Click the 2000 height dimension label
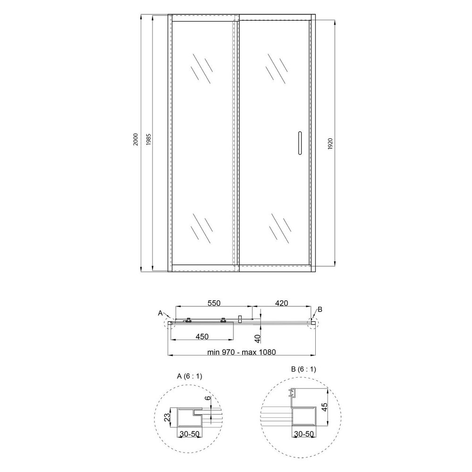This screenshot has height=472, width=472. click(135, 140)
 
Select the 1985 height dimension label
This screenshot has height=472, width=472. click(148, 140)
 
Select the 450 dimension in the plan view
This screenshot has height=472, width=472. click(202, 337)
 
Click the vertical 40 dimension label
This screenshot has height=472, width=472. click(257, 338)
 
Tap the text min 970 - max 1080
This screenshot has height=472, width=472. click(241, 352)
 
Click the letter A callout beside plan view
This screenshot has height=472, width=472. click(160, 313)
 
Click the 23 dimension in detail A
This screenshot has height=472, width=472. click(166, 417)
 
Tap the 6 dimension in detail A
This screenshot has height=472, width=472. click(207, 398)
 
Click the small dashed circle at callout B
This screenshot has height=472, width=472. click(313, 323)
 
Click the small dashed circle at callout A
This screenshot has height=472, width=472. click(169, 324)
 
